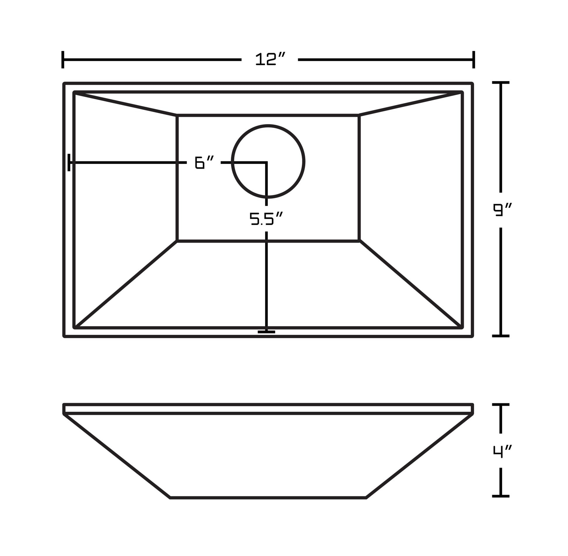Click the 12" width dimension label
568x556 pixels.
(x=270, y=59)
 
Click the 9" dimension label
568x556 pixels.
(x=502, y=210)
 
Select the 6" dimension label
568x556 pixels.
(x=204, y=162)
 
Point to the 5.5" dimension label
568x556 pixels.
(x=266, y=218)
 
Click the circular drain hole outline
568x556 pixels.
(x=304, y=161)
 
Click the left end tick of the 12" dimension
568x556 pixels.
(x=63, y=60)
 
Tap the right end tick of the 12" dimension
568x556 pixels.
(x=474, y=60)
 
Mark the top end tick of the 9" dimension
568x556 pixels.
(x=501, y=83)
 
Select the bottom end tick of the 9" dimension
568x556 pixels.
(x=501, y=336)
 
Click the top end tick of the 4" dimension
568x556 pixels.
(x=501, y=405)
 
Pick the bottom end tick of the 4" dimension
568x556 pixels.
(x=501, y=496)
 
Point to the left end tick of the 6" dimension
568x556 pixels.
(x=69, y=162)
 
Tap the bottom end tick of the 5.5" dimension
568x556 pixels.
(x=266, y=332)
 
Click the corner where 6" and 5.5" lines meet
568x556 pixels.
(x=266, y=162)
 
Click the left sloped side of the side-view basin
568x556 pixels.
(x=117, y=456)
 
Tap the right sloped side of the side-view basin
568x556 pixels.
(x=419, y=456)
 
